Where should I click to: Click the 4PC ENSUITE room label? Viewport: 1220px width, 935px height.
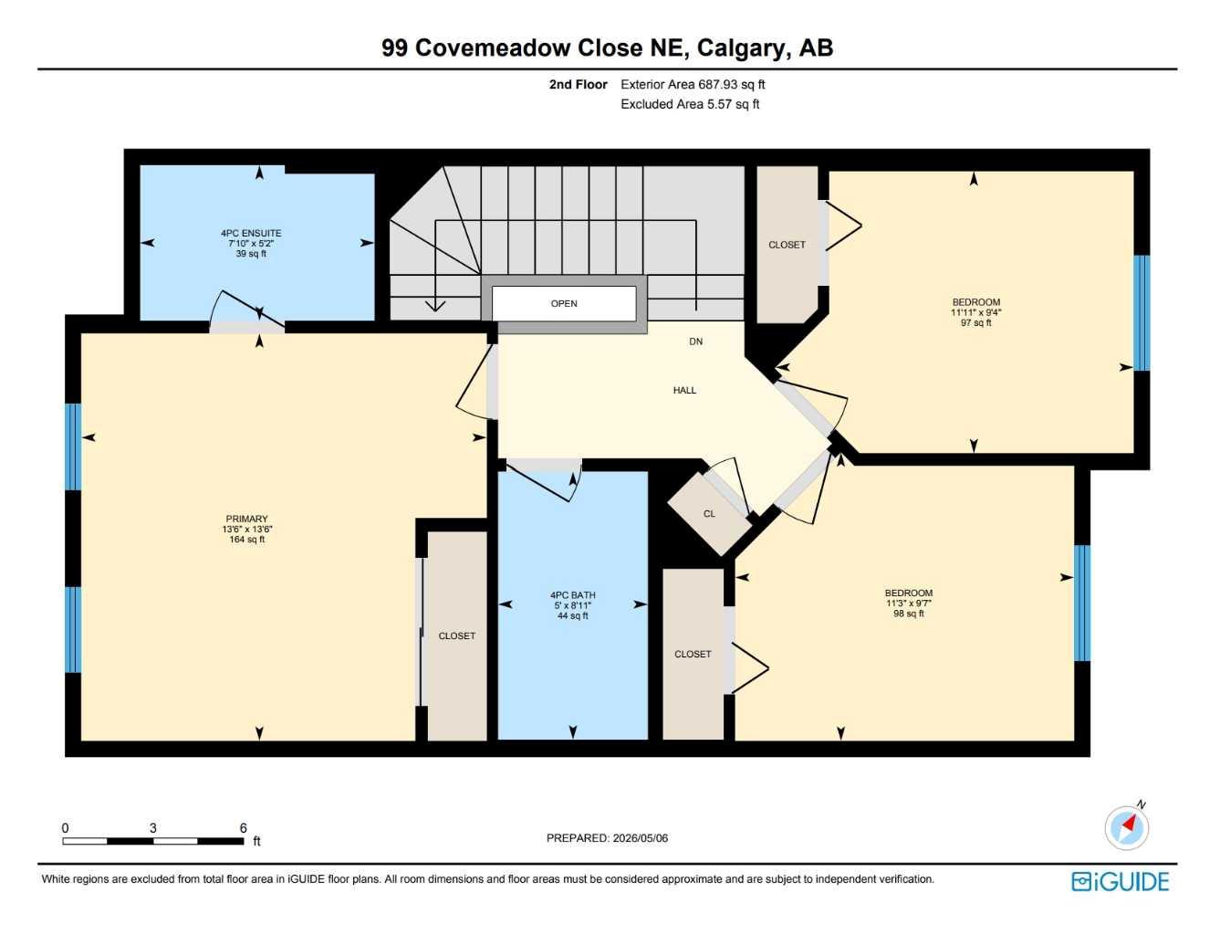pyautogui.click(x=251, y=233)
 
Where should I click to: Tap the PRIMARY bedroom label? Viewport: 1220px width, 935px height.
pyautogui.click(x=246, y=519)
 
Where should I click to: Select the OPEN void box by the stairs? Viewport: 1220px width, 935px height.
pyautogui.click(x=564, y=304)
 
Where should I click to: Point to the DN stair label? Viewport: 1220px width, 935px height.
pyautogui.click(x=695, y=341)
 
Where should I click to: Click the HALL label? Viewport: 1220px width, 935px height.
pyautogui.click(x=684, y=390)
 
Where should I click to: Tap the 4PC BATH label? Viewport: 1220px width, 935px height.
pyautogui.click(x=573, y=595)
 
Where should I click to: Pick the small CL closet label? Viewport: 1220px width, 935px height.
pyautogui.click(x=709, y=514)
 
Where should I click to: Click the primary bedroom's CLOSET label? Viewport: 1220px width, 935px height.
pyautogui.click(x=456, y=636)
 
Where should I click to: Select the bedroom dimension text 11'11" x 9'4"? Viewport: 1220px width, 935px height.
pyautogui.click(x=975, y=312)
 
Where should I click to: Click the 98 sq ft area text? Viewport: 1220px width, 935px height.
pyautogui.click(x=909, y=614)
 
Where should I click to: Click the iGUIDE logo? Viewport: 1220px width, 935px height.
pyautogui.click(x=1120, y=882)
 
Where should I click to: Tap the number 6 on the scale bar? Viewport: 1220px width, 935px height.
pyautogui.click(x=243, y=828)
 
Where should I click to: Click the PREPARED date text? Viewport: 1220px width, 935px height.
pyautogui.click(x=607, y=838)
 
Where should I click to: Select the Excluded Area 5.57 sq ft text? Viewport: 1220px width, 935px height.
pyautogui.click(x=690, y=104)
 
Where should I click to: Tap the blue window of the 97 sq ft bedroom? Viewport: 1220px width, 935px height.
pyautogui.click(x=1142, y=313)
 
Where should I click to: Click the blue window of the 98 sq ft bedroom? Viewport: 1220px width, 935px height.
pyautogui.click(x=1082, y=604)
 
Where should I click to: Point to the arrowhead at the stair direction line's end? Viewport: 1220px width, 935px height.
pyautogui.click(x=434, y=306)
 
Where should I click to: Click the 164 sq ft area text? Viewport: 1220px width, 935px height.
pyautogui.click(x=246, y=540)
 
